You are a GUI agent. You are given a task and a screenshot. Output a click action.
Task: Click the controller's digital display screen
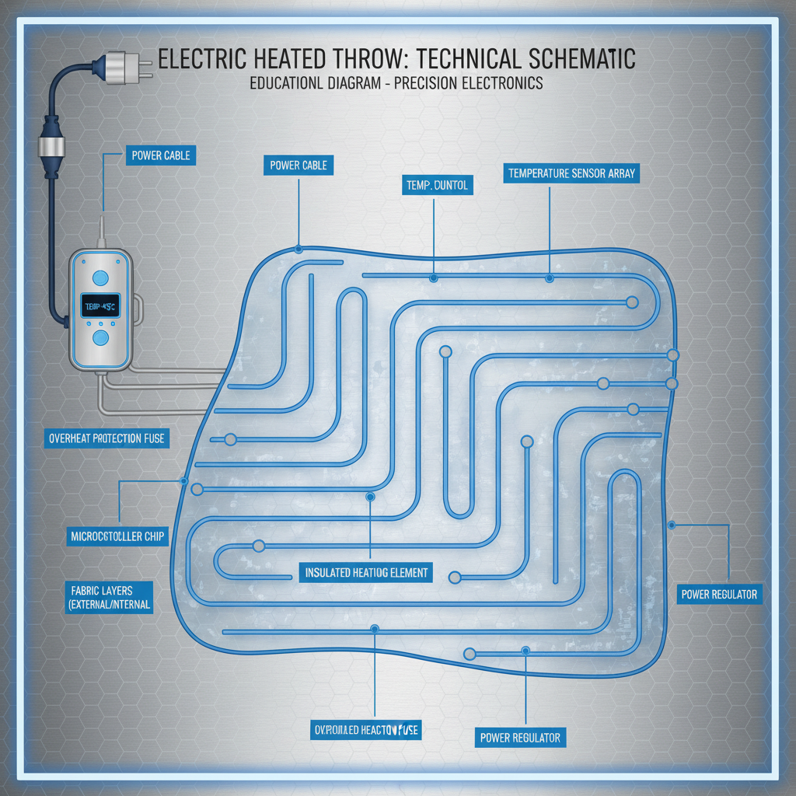click(x=99, y=308)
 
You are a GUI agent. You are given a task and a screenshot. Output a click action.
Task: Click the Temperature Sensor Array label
click(x=572, y=173)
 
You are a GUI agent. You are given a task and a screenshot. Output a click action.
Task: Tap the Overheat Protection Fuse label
click(x=106, y=438)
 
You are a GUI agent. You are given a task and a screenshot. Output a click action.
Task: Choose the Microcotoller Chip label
click(x=117, y=536)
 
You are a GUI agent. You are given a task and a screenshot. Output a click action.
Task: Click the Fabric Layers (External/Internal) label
click(x=108, y=597)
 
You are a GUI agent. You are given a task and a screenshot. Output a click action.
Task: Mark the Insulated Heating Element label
click(x=366, y=573)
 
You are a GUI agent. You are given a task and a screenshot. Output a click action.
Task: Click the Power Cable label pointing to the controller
click(x=160, y=155)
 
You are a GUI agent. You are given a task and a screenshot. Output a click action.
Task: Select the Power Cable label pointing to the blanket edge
click(x=298, y=165)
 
